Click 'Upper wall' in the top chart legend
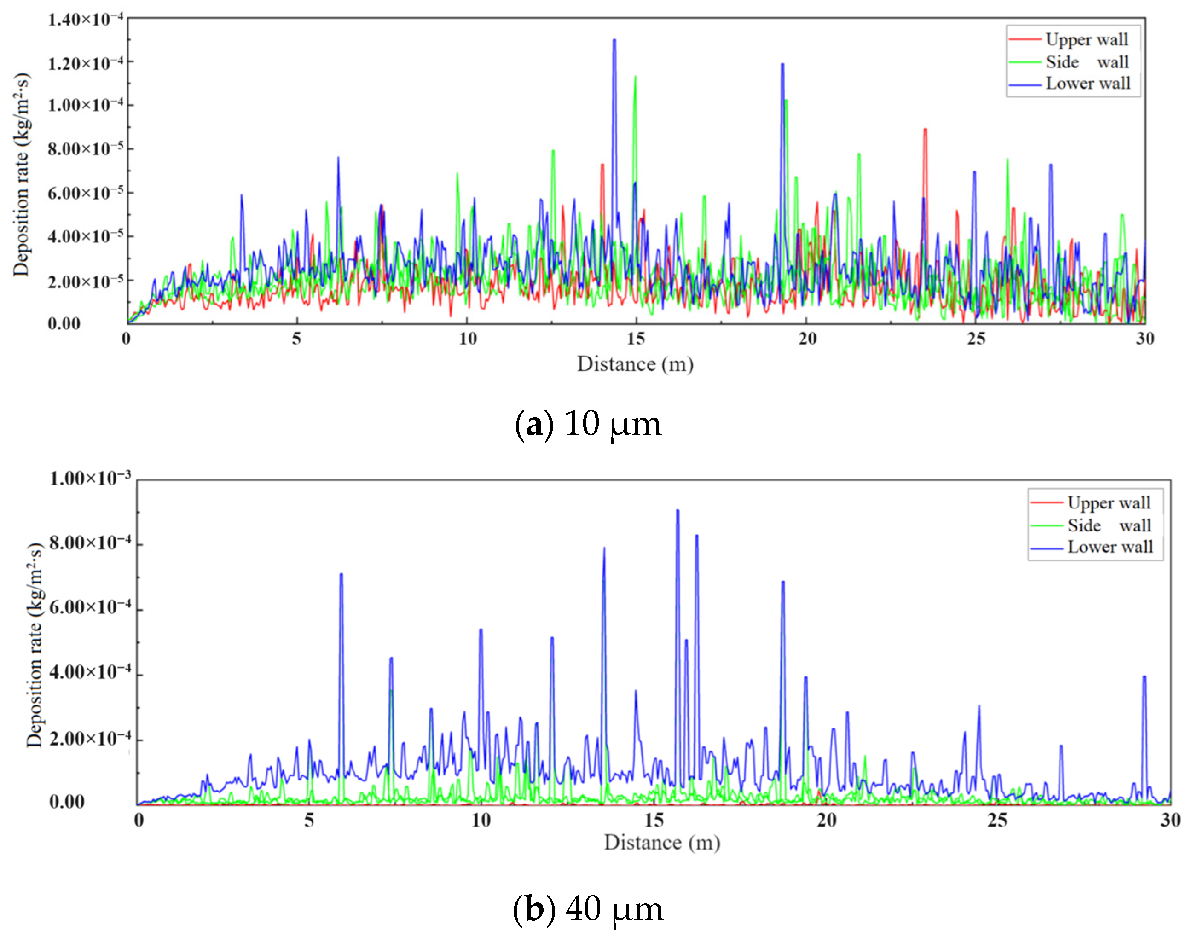1086,40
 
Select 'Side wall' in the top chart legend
1086,62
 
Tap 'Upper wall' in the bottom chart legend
1108,502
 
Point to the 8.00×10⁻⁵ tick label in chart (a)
85,148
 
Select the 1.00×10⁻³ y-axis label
90,478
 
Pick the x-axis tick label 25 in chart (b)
997,820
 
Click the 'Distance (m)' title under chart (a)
635,364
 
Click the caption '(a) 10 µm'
588,424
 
